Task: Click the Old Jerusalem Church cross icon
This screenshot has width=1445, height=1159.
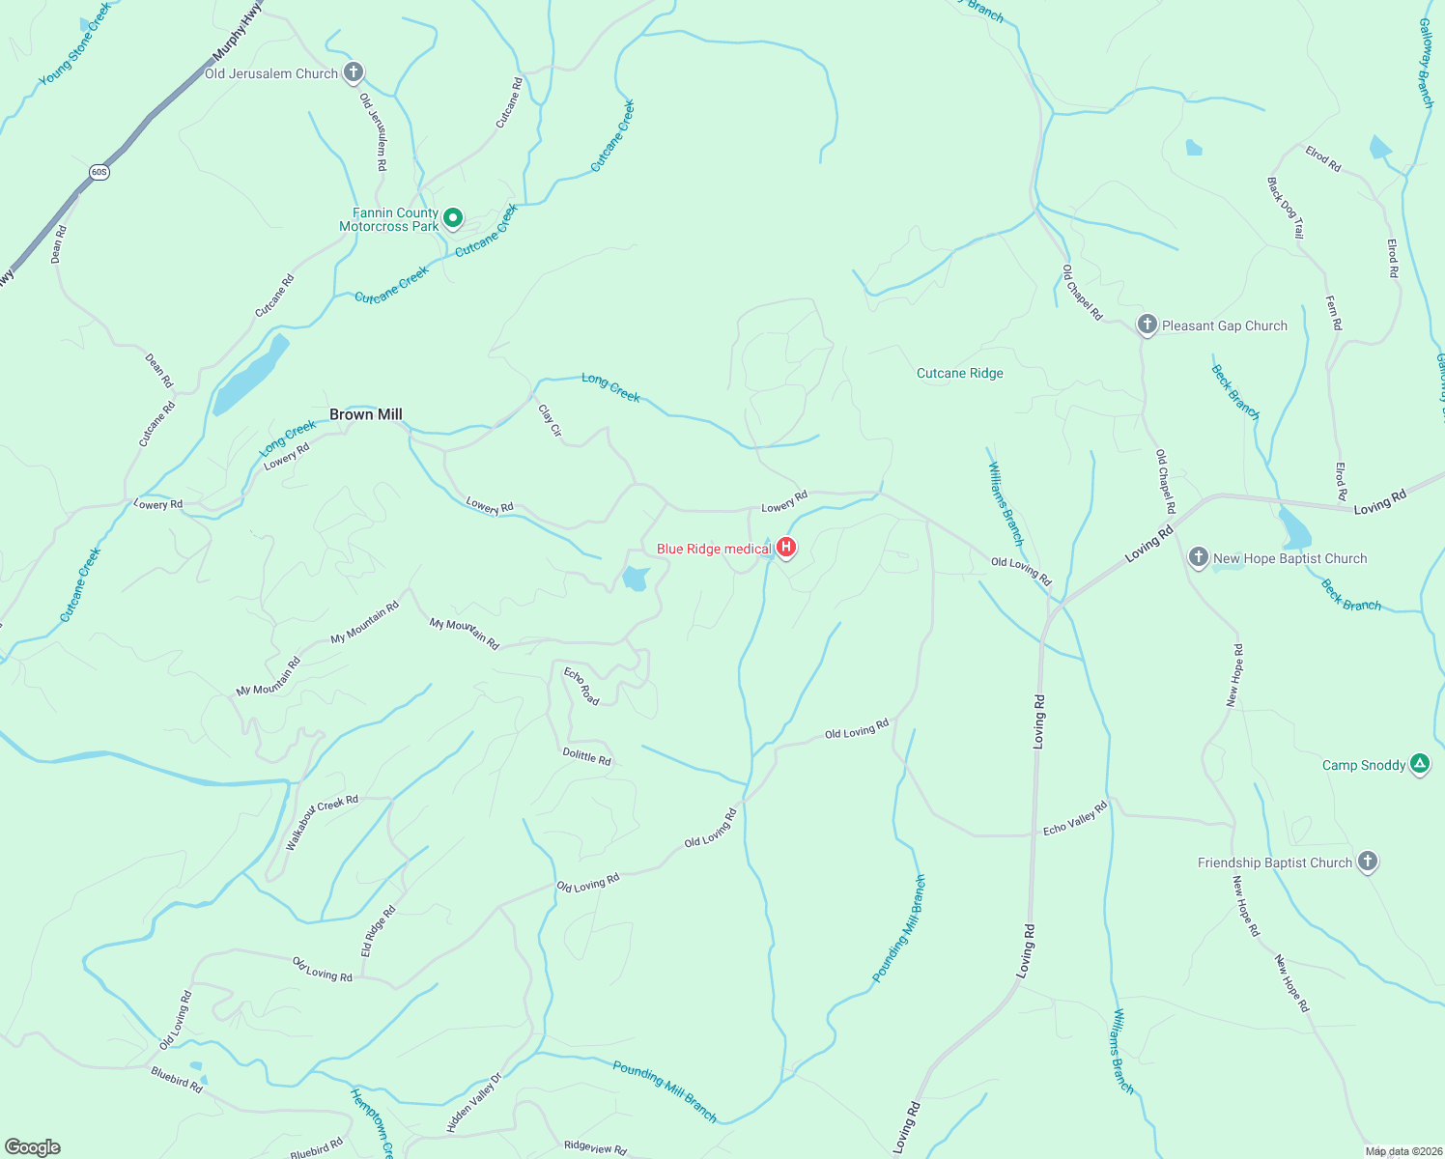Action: [x=354, y=72]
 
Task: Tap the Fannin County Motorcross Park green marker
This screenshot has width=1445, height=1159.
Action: [x=452, y=218]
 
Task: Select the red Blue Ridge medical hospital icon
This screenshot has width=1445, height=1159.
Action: [x=786, y=549]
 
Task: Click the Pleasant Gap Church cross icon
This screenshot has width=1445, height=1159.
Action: [x=1147, y=325]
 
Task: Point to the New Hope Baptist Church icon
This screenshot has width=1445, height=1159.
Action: [x=1198, y=557]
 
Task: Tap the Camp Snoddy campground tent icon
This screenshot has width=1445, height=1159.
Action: [x=1419, y=764]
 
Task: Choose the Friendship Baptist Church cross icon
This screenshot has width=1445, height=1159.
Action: [x=1367, y=861]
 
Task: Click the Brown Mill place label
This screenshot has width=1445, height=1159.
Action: [x=365, y=414]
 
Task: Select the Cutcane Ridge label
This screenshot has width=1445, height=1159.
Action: [x=959, y=373]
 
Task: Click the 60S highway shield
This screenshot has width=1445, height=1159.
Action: [x=99, y=172]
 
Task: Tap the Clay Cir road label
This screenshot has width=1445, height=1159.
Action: [x=550, y=420]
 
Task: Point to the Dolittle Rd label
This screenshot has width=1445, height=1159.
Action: [x=586, y=757]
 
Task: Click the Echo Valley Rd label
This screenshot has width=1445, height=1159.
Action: [x=1075, y=819]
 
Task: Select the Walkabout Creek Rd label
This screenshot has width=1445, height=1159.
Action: [x=322, y=821]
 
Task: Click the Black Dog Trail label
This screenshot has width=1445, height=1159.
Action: [x=1286, y=208]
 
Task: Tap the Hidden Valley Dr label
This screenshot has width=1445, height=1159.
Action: [x=474, y=1102]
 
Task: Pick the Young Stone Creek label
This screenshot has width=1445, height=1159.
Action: [x=75, y=43]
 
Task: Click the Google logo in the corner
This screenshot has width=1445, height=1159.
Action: [x=33, y=1146]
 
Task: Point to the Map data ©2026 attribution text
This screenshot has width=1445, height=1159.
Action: [x=1402, y=1151]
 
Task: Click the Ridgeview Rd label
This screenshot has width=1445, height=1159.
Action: [x=595, y=1147]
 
